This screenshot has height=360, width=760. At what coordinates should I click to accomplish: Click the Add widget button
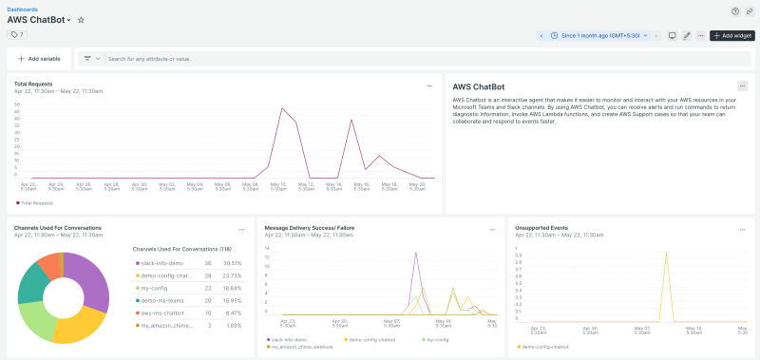[732, 35]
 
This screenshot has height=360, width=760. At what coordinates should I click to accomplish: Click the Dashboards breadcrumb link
[23, 9]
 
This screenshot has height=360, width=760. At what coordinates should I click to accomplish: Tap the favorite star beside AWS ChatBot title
[81, 20]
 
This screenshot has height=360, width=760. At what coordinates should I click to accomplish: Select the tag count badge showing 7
[17, 34]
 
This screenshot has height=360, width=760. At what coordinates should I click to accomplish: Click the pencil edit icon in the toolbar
[686, 35]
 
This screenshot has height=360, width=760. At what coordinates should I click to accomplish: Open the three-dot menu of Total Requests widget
[429, 85]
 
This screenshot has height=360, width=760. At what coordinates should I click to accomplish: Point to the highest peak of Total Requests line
[282, 108]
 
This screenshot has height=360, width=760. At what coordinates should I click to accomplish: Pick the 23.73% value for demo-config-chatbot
[233, 275]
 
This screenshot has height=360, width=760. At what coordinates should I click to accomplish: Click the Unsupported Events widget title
[543, 228]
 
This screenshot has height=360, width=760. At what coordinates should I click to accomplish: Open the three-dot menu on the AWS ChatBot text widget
[742, 85]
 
